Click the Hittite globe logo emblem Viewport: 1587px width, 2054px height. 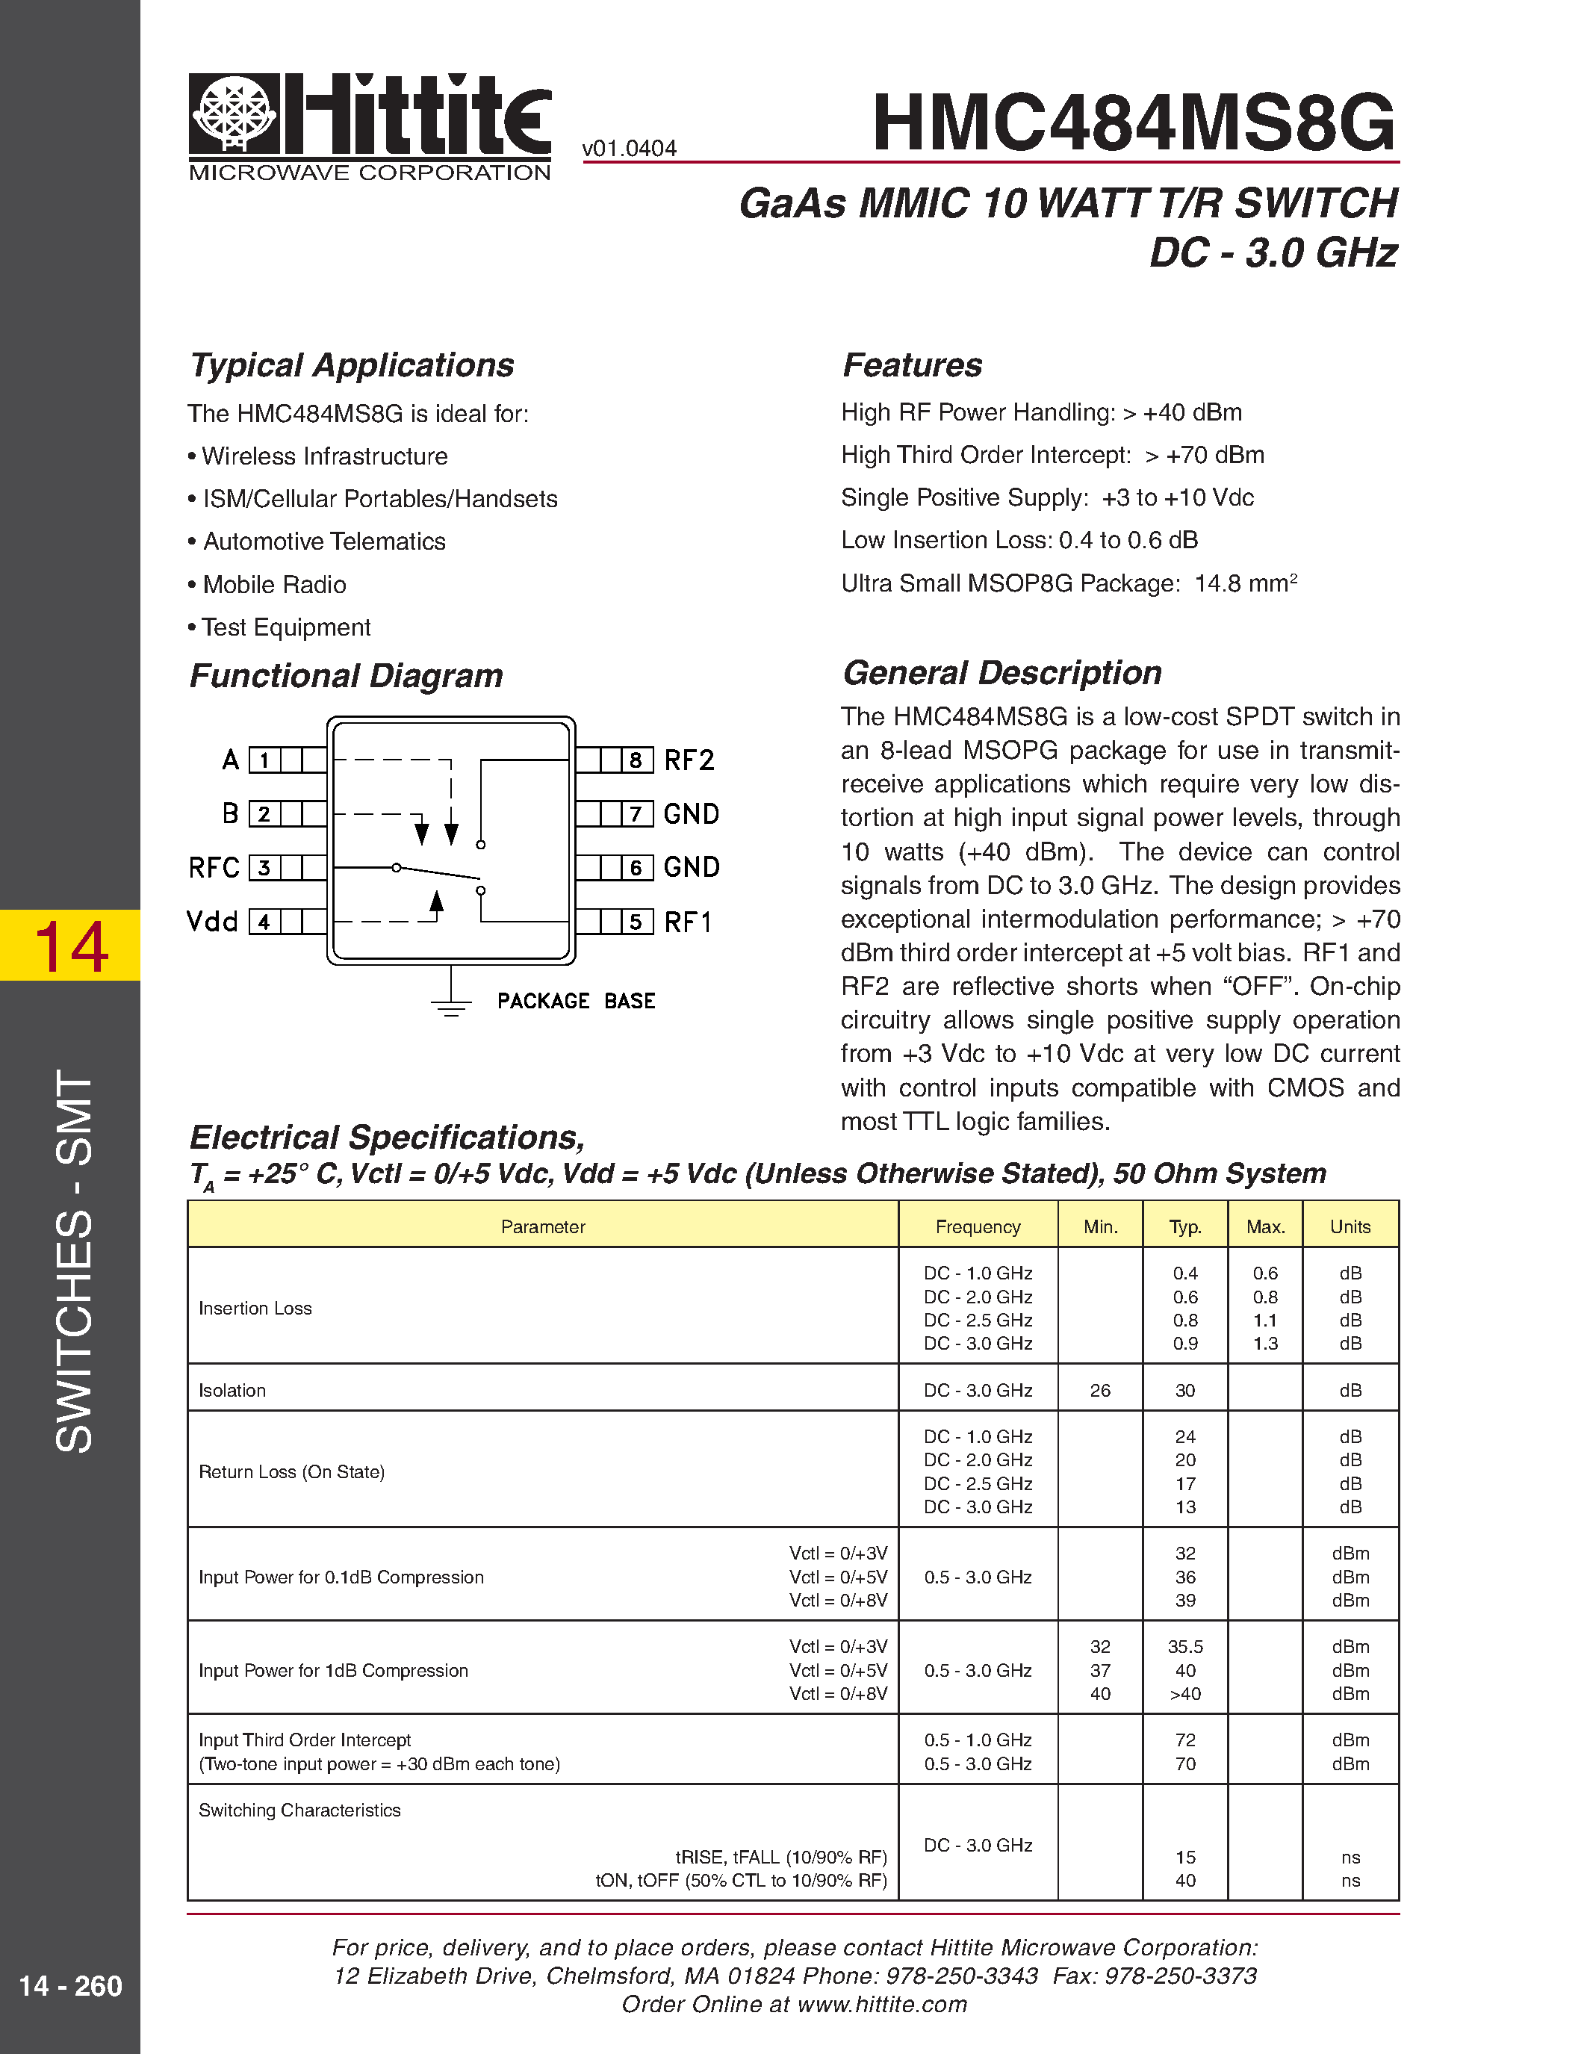(x=234, y=113)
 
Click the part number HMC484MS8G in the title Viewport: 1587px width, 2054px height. (x=1133, y=122)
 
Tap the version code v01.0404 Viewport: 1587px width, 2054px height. (x=629, y=149)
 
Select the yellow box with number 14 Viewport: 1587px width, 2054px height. (x=70, y=945)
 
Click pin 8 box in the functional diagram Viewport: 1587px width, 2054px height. (x=636, y=760)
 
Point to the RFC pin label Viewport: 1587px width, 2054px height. (x=214, y=867)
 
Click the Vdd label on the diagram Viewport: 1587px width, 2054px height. (x=213, y=922)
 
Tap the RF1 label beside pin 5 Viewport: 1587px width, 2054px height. (x=689, y=922)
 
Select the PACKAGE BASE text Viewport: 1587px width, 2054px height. (x=575, y=1001)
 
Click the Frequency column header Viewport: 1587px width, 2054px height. (x=978, y=1226)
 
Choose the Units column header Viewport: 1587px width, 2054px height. (x=1350, y=1226)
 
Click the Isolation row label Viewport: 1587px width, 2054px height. (x=232, y=1390)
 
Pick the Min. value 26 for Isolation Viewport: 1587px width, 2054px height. (x=1100, y=1390)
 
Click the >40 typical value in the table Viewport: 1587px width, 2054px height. (x=1184, y=1694)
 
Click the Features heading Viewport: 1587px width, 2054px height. (x=912, y=365)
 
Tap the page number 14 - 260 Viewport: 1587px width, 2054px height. (x=70, y=1985)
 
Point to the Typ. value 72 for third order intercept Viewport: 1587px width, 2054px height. (x=1184, y=1740)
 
